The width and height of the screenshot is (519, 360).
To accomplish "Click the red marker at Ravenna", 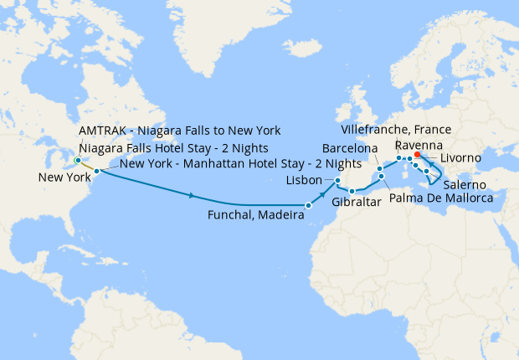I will [418, 155].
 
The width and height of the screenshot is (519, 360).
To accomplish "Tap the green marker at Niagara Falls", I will [77, 160].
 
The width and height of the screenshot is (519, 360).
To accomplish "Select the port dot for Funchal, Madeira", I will [308, 205].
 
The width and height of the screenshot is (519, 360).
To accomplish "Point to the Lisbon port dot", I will [337, 181].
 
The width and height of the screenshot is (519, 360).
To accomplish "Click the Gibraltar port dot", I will [352, 192].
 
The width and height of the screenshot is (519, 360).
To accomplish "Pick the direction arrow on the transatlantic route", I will [193, 196].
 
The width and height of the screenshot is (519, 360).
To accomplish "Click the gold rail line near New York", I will [87, 166].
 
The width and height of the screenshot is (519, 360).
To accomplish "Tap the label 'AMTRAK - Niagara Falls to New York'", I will [180, 131].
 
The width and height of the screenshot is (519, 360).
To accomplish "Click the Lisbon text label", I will [303, 181].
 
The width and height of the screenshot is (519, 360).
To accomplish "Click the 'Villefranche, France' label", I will [397, 130].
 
